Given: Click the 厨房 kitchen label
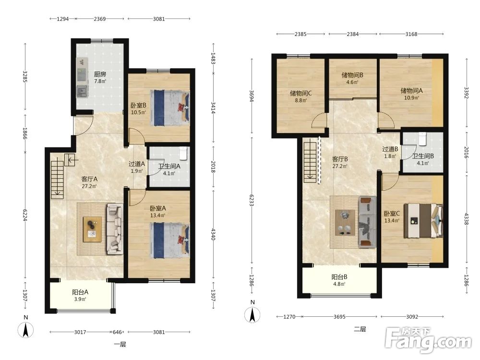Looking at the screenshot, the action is (x=100, y=74).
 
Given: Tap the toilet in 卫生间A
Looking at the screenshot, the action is (x=183, y=154).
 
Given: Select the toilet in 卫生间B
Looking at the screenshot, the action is (x=422, y=139).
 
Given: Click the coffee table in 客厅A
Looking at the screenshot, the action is (x=93, y=229).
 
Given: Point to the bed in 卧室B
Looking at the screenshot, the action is (x=170, y=108).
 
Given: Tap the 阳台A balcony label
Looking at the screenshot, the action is (x=80, y=292).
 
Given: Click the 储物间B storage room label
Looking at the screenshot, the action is (x=352, y=75).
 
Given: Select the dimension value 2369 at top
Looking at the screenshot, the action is (x=100, y=19).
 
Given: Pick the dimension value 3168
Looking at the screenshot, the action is (x=411, y=34).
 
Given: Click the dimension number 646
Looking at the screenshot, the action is (x=117, y=332).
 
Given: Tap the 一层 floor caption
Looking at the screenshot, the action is (x=120, y=345).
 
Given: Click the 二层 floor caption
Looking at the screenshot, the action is (x=360, y=329).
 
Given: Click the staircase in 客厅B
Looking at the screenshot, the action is (x=310, y=161).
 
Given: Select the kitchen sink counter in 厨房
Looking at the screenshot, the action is (x=82, y=77).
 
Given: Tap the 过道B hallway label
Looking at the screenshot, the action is (x=390, y=149).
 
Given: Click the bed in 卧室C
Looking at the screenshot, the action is (x=423, y=221).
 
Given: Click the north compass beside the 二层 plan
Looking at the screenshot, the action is (x=252, y=312).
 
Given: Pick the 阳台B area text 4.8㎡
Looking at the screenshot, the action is (x=339, y=284).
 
